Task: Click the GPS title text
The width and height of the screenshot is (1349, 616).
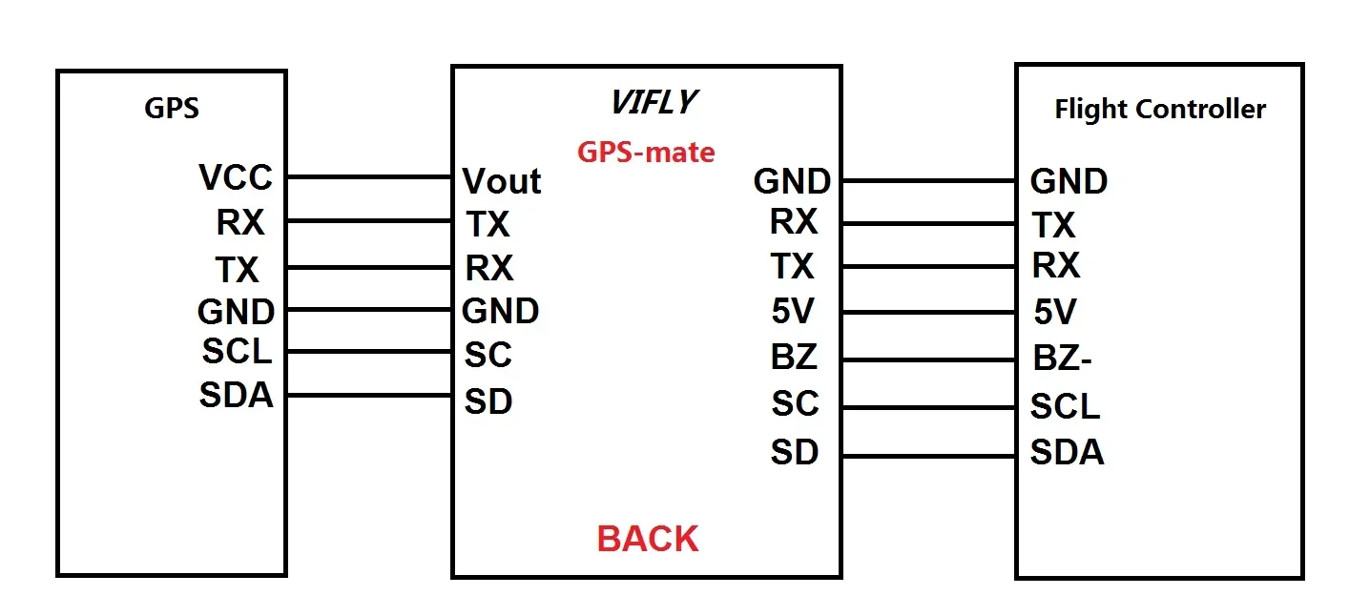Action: [x=172, y=108]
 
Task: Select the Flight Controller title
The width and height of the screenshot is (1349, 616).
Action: [x=1159, y=109]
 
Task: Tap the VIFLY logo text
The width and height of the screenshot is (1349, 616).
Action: [x=654, y=102]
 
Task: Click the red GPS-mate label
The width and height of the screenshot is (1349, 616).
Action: [x=646, y=152]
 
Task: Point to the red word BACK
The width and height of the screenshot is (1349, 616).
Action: [x=648, y=539]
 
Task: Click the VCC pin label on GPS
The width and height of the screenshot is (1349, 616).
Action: [x=236, y=177]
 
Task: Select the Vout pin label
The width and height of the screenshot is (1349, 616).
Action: [x=502, y=181]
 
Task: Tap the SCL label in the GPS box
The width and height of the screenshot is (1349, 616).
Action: [x=237, y=351]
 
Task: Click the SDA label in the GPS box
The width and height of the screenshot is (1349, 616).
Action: [x=236, y=395]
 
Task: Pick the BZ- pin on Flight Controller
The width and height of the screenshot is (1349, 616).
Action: [x=1062, y=360]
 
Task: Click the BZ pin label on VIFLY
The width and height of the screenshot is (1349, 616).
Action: [x=794, y=358]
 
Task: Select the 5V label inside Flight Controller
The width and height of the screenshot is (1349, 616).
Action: [x=1055, y=312]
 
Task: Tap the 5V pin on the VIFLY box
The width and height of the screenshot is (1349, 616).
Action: [x=794, y=312]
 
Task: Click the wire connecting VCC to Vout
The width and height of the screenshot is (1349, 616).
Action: [x=369, y=176]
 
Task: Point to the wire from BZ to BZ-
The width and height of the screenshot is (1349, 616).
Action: [x=928, y=360]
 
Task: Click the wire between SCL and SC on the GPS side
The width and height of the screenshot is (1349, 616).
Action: [x=369, y=352]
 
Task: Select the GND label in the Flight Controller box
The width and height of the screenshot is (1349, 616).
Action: [x=1069, y=181]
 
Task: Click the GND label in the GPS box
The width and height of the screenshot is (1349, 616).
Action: [x=236, y=311]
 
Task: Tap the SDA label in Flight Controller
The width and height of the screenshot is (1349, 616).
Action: [x=1067, y=452]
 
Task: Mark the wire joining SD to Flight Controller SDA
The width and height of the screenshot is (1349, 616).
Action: [x=928, y=456]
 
